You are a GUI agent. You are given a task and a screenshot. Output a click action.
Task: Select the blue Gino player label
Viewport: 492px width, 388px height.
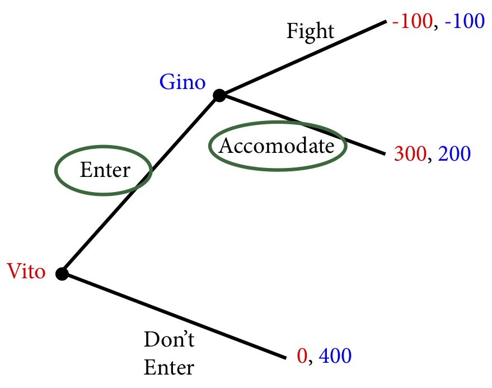[x=182, y=83]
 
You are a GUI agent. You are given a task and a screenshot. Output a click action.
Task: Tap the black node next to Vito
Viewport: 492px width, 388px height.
[x=62, y=274]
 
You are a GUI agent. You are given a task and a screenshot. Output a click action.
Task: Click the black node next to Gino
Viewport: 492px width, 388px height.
[x=219, y=96]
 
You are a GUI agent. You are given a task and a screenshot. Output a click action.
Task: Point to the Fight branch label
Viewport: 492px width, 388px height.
[x=310, y=31]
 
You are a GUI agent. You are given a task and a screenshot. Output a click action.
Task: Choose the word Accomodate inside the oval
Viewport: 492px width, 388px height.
[x=277, y=146]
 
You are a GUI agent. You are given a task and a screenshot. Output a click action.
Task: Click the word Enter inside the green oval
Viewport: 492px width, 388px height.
[x=105, y=170]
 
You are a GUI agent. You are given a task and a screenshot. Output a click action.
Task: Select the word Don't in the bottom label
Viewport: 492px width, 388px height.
[x=170, y=340]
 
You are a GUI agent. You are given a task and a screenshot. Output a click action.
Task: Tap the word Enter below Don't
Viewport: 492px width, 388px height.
[x=169, y=368]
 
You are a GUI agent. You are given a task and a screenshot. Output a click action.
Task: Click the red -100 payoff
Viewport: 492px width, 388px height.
[x=412, y=22]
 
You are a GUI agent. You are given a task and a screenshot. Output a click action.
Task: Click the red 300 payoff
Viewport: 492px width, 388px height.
[x=410, y=153]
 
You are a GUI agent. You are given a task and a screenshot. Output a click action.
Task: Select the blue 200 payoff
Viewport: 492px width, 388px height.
[x=454, y=153]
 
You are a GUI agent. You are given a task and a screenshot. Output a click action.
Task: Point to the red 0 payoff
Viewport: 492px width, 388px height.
[x=302, y=356]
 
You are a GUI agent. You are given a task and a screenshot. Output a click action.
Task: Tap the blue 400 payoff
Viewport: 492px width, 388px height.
[x=335, y=356]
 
